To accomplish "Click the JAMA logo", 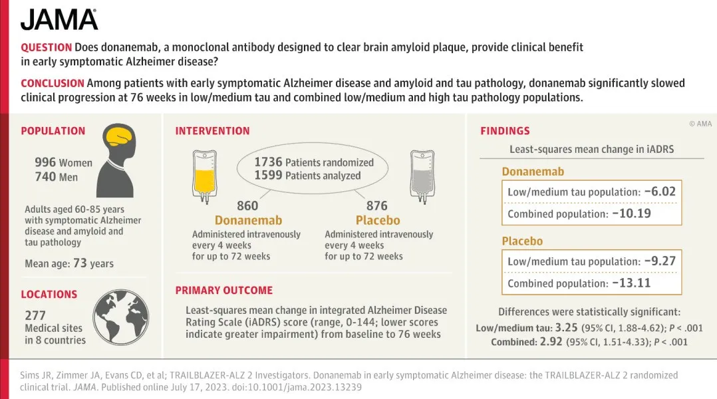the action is tap(59, 19).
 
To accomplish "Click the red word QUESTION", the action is tap(46, 47).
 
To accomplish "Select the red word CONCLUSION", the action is tap(52, 83).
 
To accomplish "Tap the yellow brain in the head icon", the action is tap(119, 136).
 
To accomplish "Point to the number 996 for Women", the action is tap(45, 162).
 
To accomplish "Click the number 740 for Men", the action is tap(45, 176).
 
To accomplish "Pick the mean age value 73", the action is tap(80, 263).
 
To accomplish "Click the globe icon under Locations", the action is tap(121, 317).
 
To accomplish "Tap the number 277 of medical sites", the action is tap(35, 315).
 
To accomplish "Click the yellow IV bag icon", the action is tap(204, 176).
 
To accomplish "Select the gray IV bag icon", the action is tap(422, 176).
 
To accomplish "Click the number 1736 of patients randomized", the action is tap(269, 162).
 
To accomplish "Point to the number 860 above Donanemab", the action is tap(247, 205).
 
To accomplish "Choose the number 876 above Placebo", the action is tap(376, 205).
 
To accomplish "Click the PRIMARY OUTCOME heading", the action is tap(224, 290).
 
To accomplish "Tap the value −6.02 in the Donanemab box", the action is tap(660, 192).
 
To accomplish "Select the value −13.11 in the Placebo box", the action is tap(631, 283).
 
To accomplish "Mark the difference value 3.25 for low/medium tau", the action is tap(566, 328).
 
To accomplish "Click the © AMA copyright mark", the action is tap(700, 124).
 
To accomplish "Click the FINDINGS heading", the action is tap(505, 131).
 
